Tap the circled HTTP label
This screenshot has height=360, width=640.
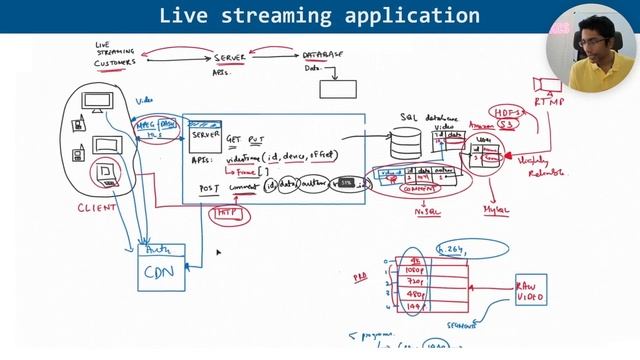pyautogui.click(x=224, y=213)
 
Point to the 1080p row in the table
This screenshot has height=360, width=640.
pyautogui.click(x=415, y=269)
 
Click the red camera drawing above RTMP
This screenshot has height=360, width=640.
pyautogui.click(x=548, y=83)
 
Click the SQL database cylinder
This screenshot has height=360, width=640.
pyautogui.click(x=405, y=146)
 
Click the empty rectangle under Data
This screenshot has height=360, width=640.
pyautogui.click(x=337, y=88)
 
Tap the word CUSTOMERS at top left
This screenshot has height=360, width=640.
pyautogui.click(x=115, y=62)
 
